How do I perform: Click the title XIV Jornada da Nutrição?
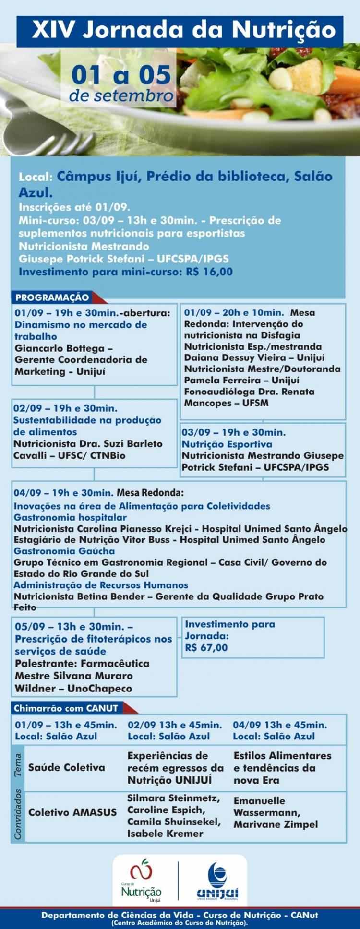(x=184, y=30)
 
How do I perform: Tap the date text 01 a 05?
(x=121, y=75)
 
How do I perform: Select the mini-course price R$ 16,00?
(x=209, y=272)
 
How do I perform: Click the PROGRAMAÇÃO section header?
(x=52, y=298)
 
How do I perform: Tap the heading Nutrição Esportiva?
(x=227, y=444)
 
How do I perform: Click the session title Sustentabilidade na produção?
(x=87, y=420)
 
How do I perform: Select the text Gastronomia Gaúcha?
(x=64, y=551)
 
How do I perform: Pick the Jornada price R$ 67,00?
(x=206, y=647)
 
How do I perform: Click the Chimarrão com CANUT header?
(x=66, y=708)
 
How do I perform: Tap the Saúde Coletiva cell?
(x=66, y=767)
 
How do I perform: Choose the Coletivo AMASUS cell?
(x=72, y=812)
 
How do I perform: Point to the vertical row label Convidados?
(x=18, y=814)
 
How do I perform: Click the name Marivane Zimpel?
(x=276, y=824)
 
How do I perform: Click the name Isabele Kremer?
(x=165, y=834)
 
